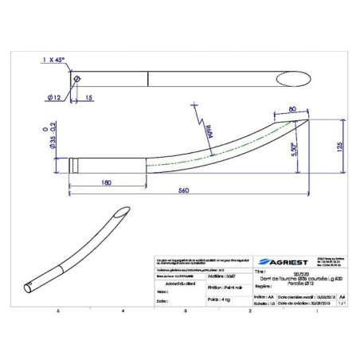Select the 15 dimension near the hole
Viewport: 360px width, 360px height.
tap(88, 97)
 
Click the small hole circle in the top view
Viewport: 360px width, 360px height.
tap(76, 80)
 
